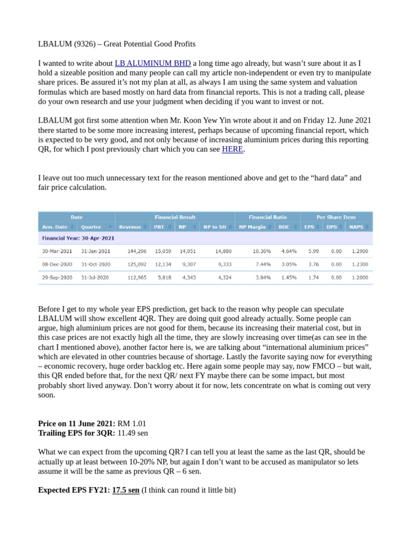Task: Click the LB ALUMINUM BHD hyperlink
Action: point(153,63)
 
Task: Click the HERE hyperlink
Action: point(233,149)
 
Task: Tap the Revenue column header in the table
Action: point(130,227)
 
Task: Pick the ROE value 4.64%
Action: point(288,251)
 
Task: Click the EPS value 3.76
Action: point(313,264)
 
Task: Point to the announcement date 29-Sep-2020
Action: point(57,278)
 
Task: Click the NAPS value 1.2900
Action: point(359,251)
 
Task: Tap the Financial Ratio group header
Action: point(268,217)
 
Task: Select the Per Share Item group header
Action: point(336,217)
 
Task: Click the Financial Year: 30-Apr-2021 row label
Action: point(78,238)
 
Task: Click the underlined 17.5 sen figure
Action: point(126,490)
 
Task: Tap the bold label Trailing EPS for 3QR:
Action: point(77,433)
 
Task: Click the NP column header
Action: point(183,227)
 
